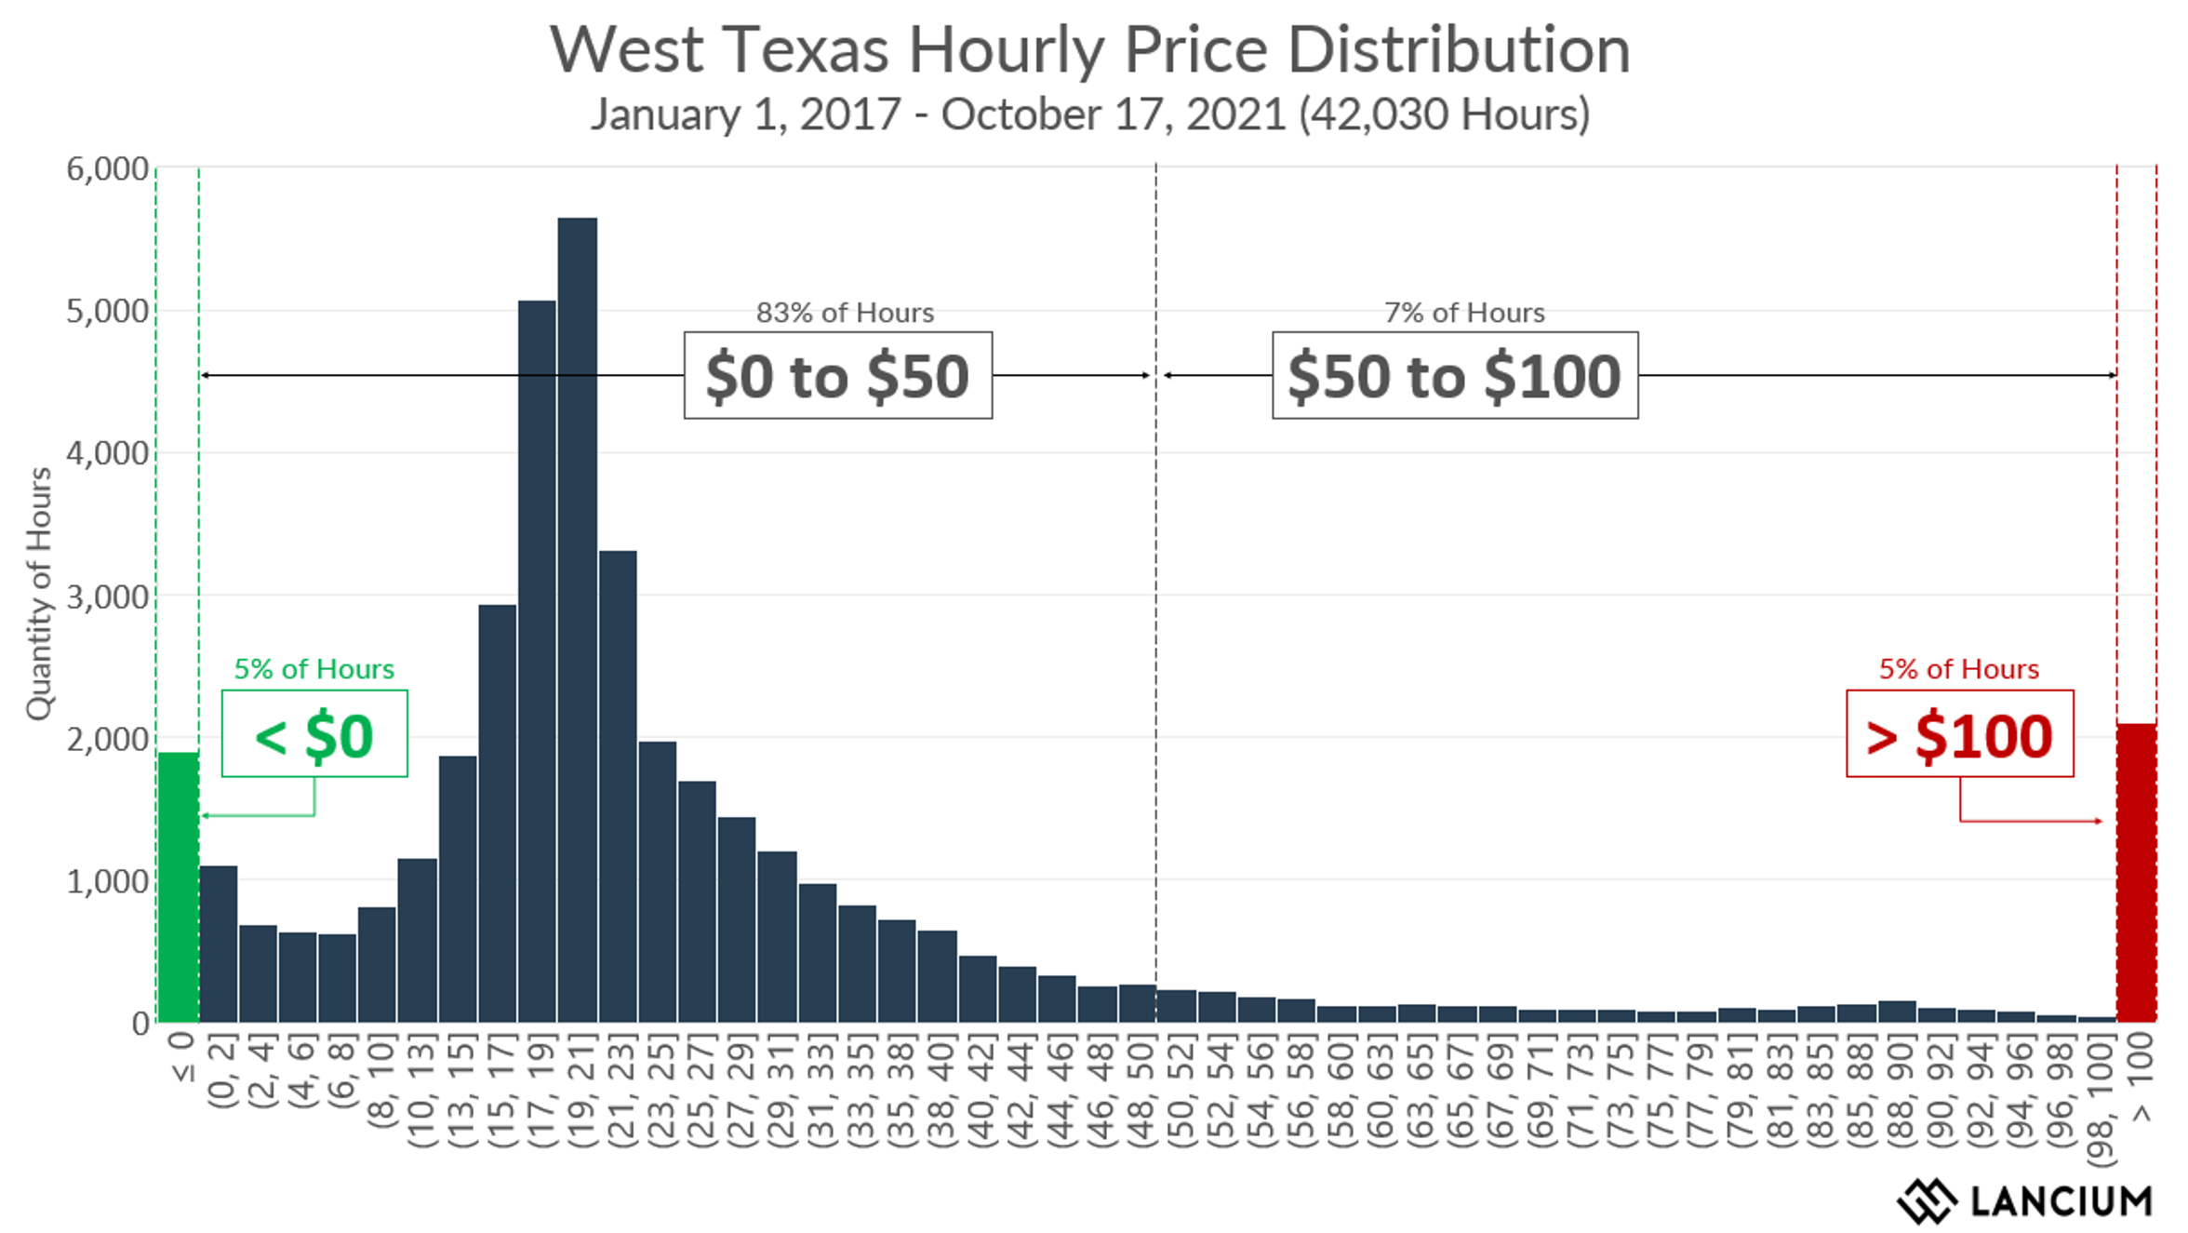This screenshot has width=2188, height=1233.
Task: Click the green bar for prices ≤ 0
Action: (x=178, y=889)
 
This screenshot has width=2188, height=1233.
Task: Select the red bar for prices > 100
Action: (x=2136, y=875)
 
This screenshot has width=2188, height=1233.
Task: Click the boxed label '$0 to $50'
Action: (x=837, y=376)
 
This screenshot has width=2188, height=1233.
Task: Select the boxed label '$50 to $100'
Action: (x=1455, y=376)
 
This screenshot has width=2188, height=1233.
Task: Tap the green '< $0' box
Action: (x=314, y=734)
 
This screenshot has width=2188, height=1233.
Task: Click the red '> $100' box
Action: (x=1959, y=734)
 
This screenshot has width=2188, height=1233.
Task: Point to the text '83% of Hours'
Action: (x=845, y=313)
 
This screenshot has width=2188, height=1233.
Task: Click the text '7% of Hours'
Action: (x=1464, y=313)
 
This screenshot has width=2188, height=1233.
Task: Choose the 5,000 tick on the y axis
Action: (x=107, y=312)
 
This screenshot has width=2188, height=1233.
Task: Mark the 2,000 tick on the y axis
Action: (x=107, y=740)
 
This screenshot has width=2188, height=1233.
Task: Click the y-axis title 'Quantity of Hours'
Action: (x=39, y=594)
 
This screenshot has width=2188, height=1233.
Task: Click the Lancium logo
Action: (x=2024, y=1200)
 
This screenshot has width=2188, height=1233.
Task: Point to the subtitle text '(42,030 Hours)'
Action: (x=1445, y=115)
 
